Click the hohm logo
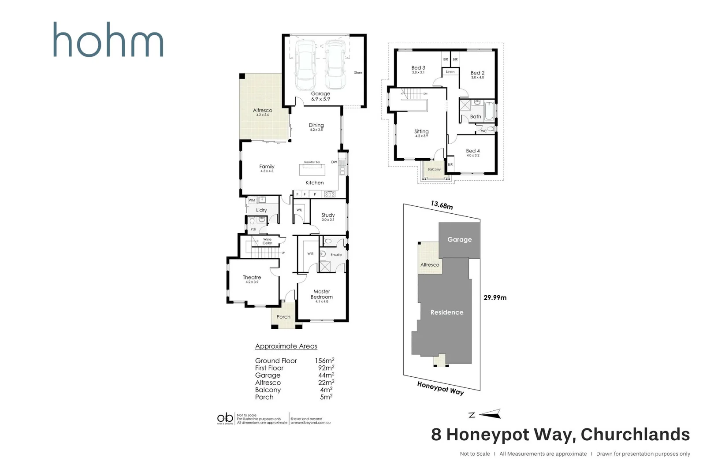[108, 40]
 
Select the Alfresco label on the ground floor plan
[262, 111]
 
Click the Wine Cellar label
[268, 241]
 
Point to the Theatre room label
[252, 278]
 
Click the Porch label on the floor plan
[283, 317]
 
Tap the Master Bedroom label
[322, 294]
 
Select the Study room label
[328, 216]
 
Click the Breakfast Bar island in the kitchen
[312, 170]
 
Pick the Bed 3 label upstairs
[418, 68]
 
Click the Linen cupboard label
[450, 72]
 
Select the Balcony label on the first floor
[434, 169]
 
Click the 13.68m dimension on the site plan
[442, 205]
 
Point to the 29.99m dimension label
[495, 297]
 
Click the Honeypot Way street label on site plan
[440, 388]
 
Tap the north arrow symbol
[490, 414]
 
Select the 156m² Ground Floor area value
[324, 361]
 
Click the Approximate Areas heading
[286, 346]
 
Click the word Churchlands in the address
[635, 435]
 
